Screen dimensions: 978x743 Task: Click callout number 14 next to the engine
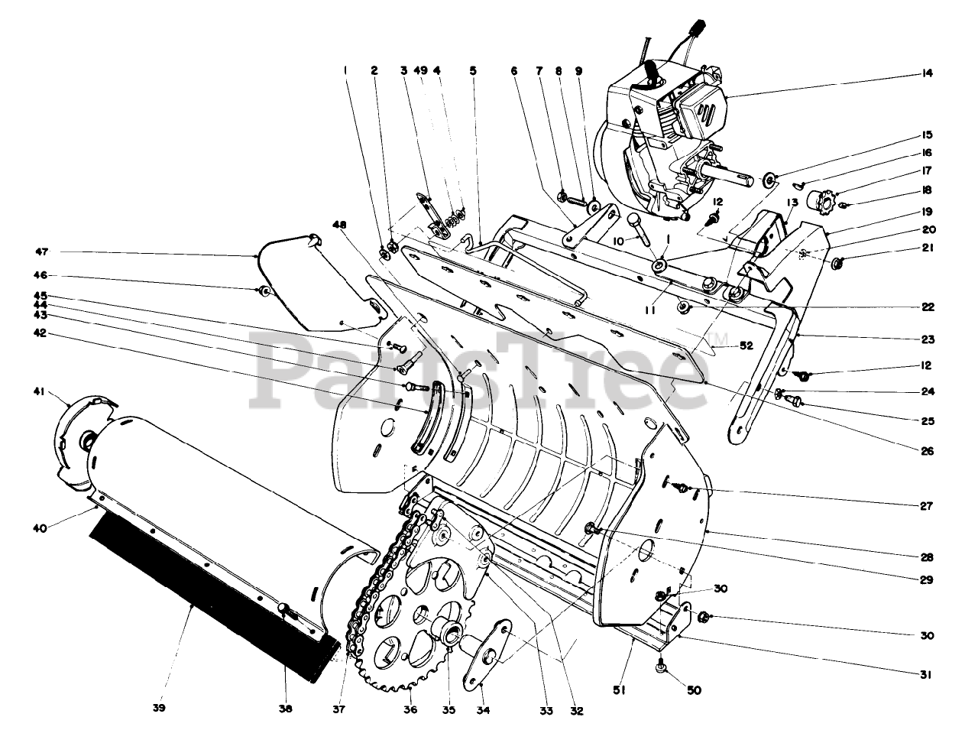click(928, 74)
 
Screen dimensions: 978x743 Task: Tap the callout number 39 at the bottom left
click(158, 708)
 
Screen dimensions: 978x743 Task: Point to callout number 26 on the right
click(928, 451)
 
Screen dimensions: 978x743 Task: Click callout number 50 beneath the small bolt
click(695, 689)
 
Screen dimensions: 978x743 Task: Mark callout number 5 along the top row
click(473, 70)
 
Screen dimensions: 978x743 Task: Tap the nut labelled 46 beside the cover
click(264, 290)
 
